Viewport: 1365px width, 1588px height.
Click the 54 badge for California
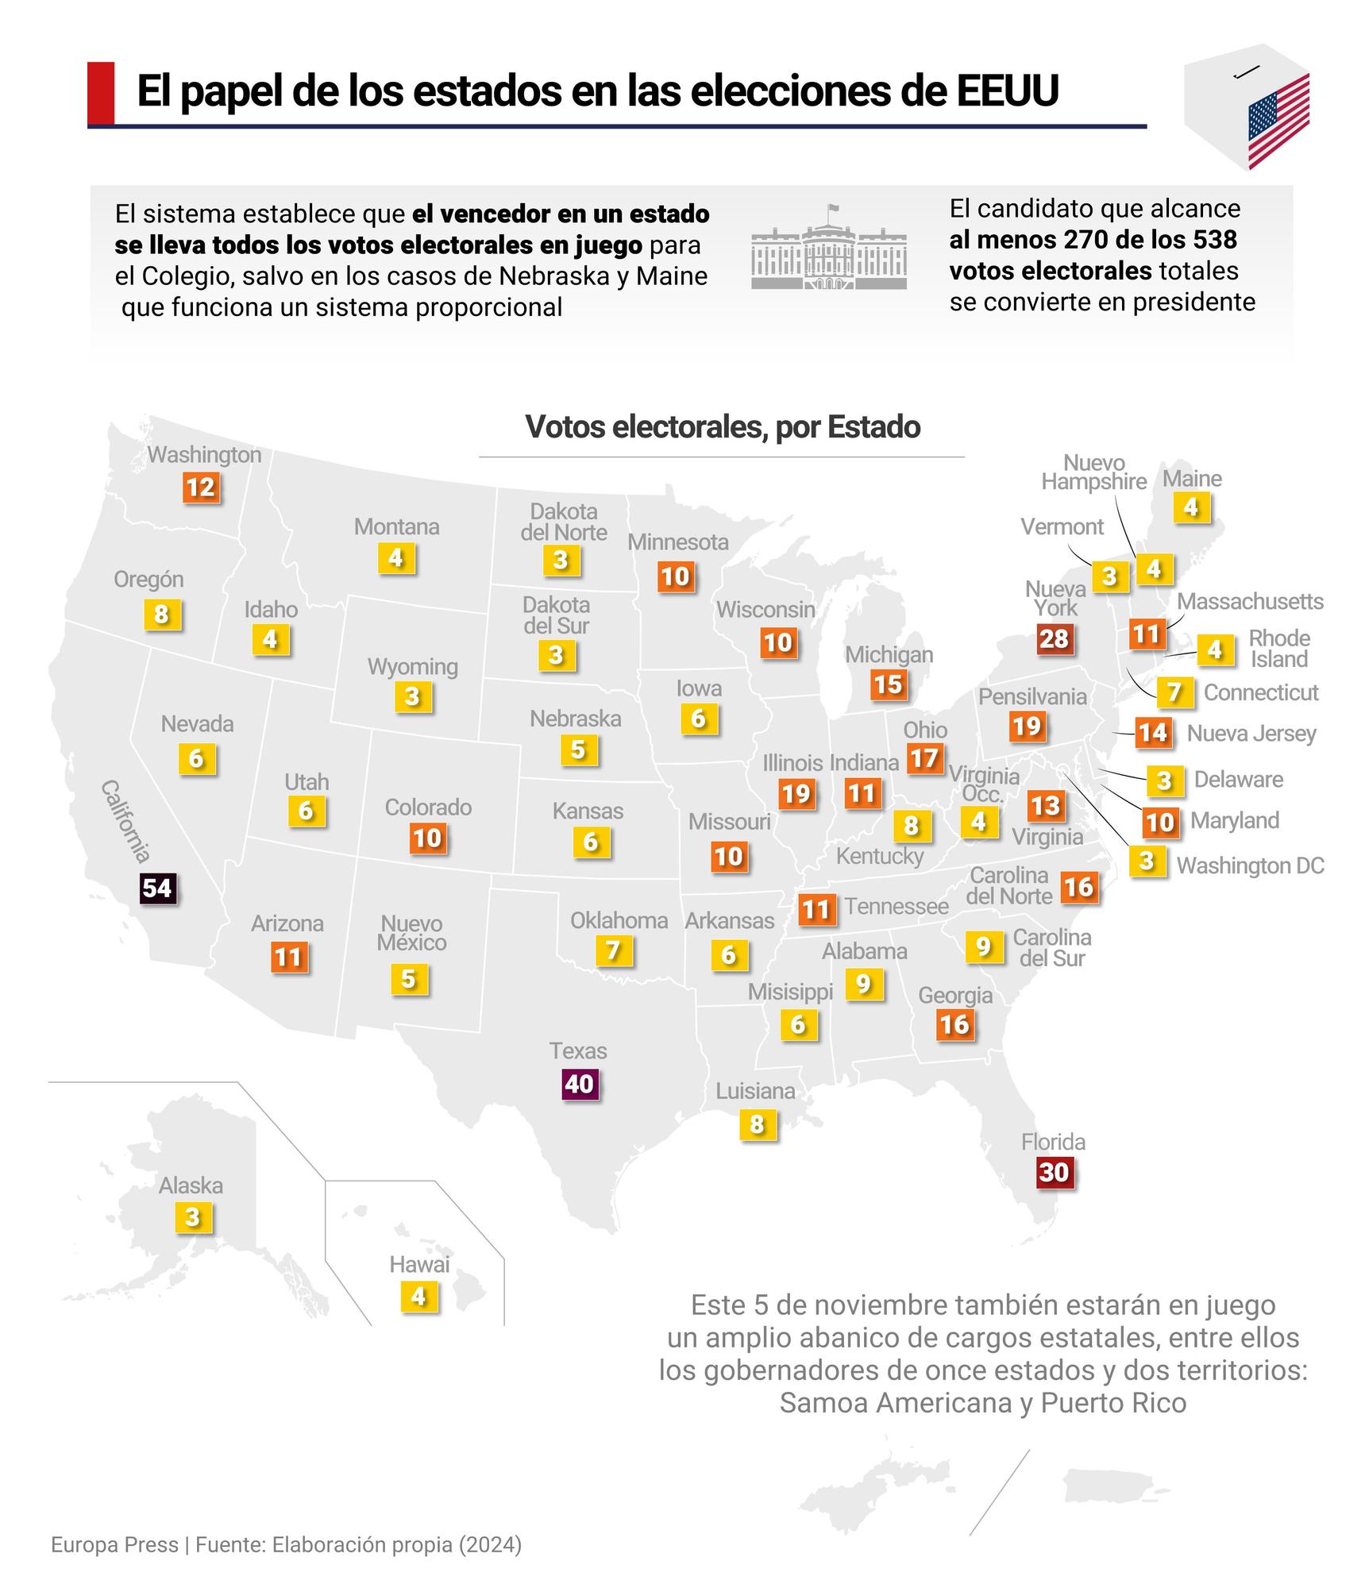[x=157, y=888]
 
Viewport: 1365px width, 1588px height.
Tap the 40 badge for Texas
[x=579, y=1084]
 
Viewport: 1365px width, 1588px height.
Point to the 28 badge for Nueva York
[x=1054, y=638]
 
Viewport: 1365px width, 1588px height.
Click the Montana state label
[x=396, y=526]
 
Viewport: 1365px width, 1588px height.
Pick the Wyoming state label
[x=412, y=666]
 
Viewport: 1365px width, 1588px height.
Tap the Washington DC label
[x=1250, y=865]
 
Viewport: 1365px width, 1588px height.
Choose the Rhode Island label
[x=1278, y=649]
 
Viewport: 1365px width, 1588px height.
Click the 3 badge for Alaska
[x=192, y=1217]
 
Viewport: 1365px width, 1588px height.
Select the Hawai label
[x=419, y=1265]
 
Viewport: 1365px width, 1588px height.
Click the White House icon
[x=829, y=249]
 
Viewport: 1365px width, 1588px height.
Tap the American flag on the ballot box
[x=1278, y=118]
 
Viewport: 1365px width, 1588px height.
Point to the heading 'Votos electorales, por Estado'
[x=723, y=427]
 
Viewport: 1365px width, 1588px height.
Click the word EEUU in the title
[x=1007, y=91]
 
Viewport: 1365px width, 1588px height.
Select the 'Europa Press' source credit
[x=114, y=1544]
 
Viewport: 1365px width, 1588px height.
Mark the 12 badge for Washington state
[x=200, y=487]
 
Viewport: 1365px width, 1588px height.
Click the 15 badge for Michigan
[x=888, y=684]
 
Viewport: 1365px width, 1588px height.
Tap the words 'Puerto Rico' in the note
[x=1113, y=1403]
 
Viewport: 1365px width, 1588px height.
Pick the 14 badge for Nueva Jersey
[x=1152, y=732]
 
